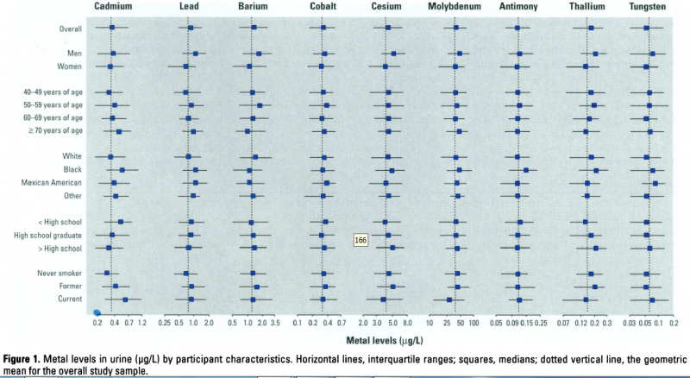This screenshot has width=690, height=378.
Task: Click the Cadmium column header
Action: coord(112,7)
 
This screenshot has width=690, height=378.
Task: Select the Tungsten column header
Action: coord(647,7)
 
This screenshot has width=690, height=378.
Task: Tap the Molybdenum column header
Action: coord(455,7)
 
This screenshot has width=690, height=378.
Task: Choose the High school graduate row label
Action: coord(47,235)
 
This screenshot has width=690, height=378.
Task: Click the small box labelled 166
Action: coord(361,239)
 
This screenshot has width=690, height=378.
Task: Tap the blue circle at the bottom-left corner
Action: coord(97,312)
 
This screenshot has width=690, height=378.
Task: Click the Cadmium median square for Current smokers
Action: coord(125,299)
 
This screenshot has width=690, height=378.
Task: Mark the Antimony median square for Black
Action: coord(526,170)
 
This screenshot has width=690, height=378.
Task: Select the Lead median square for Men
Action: coord(195,54)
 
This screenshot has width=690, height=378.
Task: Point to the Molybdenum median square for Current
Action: coord(449,299)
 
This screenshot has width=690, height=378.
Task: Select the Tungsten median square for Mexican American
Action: coord(655,183)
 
